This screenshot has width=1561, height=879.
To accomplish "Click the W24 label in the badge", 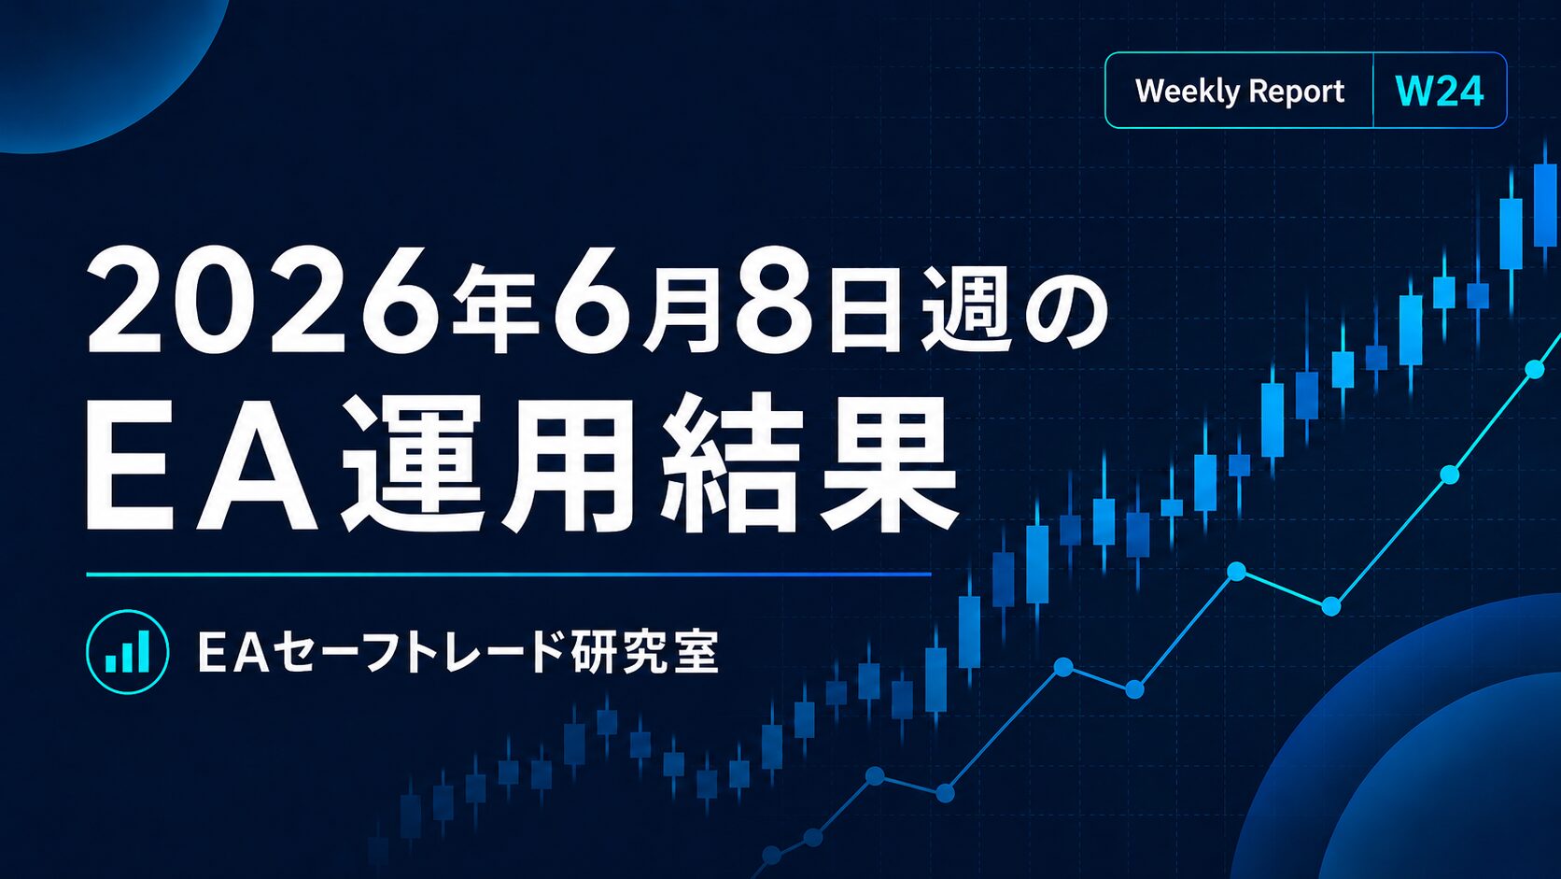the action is click(x=1439, y=92).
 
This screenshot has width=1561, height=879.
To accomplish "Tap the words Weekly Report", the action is click(x=1240, y=92).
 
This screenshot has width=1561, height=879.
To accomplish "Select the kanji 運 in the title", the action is click(x=413, y=462).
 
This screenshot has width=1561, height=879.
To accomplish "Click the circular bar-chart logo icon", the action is click(x=128, y=652).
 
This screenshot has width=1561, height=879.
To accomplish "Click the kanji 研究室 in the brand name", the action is click(x=644, y=652).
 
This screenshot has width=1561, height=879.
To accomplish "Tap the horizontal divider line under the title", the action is click(x=509, y=575).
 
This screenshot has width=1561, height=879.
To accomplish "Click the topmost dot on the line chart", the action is click(x=1535, y=369).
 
